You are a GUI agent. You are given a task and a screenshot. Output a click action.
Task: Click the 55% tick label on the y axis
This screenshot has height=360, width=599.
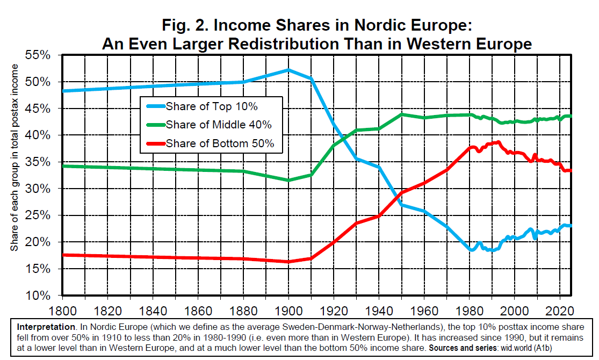(39, 55)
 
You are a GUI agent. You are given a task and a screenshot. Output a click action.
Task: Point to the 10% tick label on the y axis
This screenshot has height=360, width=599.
(39, 296)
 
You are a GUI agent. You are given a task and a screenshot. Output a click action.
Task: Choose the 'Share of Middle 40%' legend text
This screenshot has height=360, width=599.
(219, 125)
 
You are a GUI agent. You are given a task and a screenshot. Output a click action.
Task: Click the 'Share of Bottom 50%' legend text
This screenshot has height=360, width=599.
(220, 143)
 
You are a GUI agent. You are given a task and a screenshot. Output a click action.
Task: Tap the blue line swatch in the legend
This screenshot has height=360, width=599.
(154, 106)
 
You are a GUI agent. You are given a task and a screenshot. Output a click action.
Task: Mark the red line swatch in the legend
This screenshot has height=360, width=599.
(154, 143)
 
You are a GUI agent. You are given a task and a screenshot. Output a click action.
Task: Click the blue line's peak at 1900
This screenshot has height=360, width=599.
(288, 70)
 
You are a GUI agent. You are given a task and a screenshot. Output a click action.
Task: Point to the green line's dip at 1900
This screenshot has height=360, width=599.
(288, 180)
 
